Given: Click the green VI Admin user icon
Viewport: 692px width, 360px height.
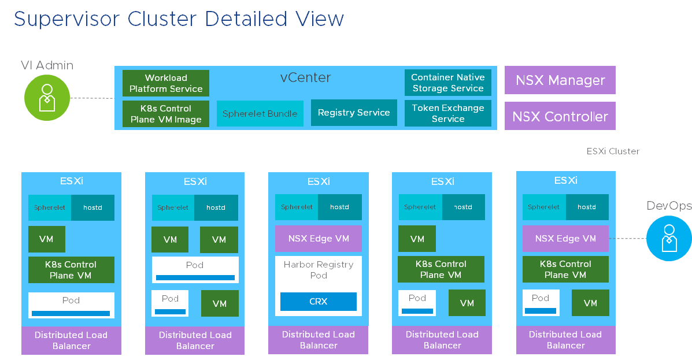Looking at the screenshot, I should click(x=47, y=98).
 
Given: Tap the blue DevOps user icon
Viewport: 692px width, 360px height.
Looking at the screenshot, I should click(x=669, y=238).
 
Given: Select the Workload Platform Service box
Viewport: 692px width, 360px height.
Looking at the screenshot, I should click(x=166, y=83).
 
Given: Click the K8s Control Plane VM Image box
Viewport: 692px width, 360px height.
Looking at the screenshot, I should click(x=166, y=114).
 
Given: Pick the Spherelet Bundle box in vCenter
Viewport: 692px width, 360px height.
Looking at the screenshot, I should click(x=260, y=114).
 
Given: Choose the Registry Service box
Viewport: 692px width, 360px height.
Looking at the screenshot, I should click(x=354, y=113).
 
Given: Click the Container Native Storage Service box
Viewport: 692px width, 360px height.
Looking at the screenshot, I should click(x=447, y=83).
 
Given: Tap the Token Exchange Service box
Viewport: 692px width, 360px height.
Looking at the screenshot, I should click(x=447, y=113).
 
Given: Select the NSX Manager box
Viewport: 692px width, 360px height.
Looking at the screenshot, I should click(x=560, y=80).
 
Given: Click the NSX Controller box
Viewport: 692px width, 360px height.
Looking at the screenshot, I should click(x=560, y=116).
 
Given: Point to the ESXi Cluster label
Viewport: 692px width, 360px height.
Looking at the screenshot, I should click(x=613, y=151).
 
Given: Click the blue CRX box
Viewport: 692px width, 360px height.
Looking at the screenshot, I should click(x=319, y=302).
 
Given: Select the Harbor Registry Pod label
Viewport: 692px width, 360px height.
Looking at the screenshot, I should click(x=319, y=270).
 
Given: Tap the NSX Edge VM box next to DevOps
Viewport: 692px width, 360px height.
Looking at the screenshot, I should click(x=565, y=239).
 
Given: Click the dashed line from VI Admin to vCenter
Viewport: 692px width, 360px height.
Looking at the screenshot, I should click(x=92, y=98).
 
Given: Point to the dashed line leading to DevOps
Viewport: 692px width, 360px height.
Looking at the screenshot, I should click(x=627, y=238).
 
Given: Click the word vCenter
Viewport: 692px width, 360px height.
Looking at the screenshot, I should click(x=306, y=77).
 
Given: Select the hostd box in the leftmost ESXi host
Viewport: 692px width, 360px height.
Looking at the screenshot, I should click(x=92, y=207).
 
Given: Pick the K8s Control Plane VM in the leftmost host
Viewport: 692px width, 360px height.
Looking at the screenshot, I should click(x=71, y=270).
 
